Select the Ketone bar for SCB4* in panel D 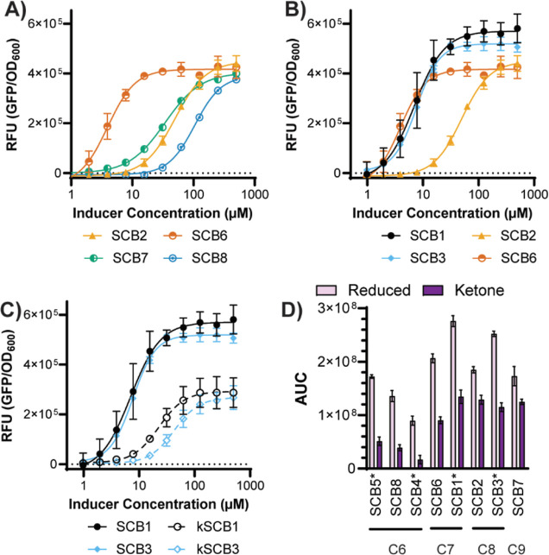click(419, 463)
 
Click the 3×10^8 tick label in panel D click(339, 309)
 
